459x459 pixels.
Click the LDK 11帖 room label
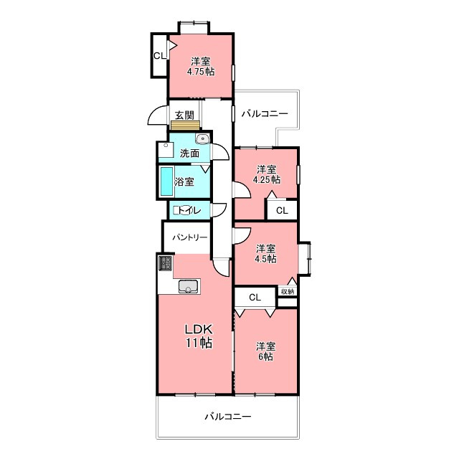pyautogui.click(x=199, y=336)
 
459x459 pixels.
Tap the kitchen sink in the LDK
pyautogui.click(x=189, y=286)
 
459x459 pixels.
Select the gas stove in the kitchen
pyautogui.click(x=166, y=263)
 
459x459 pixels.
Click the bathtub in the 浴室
pyautogui.click(x=166, y=181)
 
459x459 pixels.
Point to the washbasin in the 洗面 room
pyautogui.click(x=202, y=138)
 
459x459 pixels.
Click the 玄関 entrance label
pyautogui.click(x=184, y=115)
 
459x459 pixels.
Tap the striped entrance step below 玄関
pyautogui.click(x=186, y=125)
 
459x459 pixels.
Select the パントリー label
pyautogui.click(x=189, y=237)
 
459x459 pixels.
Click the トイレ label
pyautogui.click(x=187, y=210)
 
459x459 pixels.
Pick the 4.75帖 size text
pyautogui.click(x=201, y=72)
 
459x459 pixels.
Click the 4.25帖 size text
pyautogui.click(x=266, y=179)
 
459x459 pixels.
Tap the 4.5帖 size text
pyautogui.click(x=266, y=259)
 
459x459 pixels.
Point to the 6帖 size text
pyautogui.click(x=266, y=356)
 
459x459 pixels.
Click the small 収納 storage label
pyautogui.click(x=288, y=292)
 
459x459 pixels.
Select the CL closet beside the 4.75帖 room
pyautogui.click(x=160, y=56)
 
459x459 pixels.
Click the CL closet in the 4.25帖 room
pyautogui.click(x=282, y=210)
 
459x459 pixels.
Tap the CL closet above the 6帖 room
pyautogui.click(x=255, y=298)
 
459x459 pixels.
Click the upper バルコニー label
pyautogui.click(x=265, y=113)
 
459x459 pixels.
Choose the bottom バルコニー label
pyautogui.click(x=228, y=417)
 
